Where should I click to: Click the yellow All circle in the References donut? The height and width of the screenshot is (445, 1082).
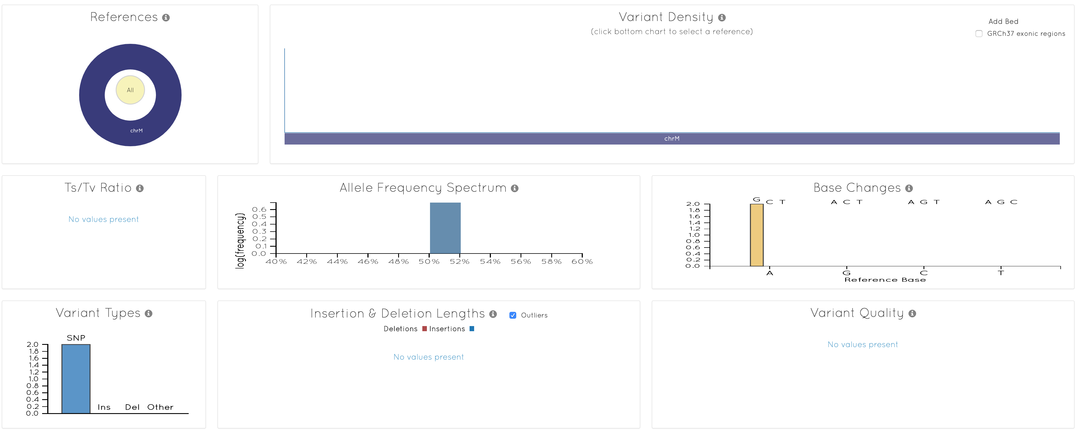[x=130, y=90]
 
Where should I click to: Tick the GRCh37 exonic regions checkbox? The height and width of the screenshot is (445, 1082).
[x=979, y=34]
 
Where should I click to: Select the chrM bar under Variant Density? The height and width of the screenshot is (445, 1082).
[x=672, y=139]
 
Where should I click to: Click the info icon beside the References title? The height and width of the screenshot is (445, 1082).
[x=166, y=18]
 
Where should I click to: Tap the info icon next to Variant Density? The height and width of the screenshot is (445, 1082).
[x=722, y=18]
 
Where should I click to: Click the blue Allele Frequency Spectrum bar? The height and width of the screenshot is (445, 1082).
[x=445, y=228]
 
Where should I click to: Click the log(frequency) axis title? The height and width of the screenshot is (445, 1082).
[x=240, y=240]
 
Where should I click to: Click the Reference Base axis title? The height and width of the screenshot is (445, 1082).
[x=885, y=280]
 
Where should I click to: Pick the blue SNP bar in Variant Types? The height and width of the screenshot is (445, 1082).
[x=76, y=379]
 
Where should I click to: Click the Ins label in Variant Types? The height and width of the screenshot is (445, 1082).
[x=104, y=407]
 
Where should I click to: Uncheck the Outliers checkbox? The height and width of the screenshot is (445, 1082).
[x=513, y=315]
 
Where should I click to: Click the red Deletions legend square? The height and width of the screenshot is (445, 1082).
[x=424, y=329]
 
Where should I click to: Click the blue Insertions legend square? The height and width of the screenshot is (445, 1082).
[x=472, y=329]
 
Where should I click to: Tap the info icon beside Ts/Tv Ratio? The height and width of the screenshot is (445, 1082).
[x=140, y=188]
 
